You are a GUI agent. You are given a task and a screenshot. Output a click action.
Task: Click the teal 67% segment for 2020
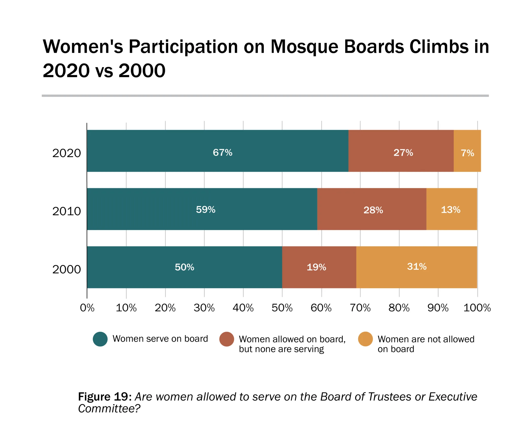pos(218,151)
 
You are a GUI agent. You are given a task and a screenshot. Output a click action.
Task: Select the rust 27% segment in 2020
pos(401,151)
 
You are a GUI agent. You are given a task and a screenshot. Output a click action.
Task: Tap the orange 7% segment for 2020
pos(467,151)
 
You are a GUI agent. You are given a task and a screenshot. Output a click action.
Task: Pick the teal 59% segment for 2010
pos(202,209)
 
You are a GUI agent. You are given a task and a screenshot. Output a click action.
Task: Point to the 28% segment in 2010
pos(372,209)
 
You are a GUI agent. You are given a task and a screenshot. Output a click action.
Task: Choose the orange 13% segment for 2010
pos(451,209)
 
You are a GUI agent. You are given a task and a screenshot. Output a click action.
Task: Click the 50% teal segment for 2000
pos(185,267)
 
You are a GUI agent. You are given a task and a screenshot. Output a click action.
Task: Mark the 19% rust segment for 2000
pos(319,267)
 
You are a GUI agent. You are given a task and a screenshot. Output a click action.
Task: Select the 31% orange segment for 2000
pos(417,267)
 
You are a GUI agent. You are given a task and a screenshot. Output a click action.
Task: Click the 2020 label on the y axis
pos(67,153)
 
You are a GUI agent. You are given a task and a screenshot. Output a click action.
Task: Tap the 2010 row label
pos(67,211)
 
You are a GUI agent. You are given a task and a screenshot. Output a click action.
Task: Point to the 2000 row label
pos(67,270)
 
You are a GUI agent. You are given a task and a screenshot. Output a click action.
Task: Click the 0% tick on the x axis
pos(87,308)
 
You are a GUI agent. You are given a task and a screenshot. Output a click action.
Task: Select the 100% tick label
pos(477,308)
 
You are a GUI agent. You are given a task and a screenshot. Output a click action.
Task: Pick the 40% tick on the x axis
pos(243,308)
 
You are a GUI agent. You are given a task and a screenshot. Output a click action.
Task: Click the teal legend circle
pos(100,339)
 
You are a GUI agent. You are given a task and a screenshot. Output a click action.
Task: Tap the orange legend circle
pos(365,339)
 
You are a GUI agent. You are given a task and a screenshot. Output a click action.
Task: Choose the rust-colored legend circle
pos(227,339)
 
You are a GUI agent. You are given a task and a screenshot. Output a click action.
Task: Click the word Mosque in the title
pos(304,47)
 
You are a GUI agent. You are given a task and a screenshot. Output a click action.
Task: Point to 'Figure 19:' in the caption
pos(105,397)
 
